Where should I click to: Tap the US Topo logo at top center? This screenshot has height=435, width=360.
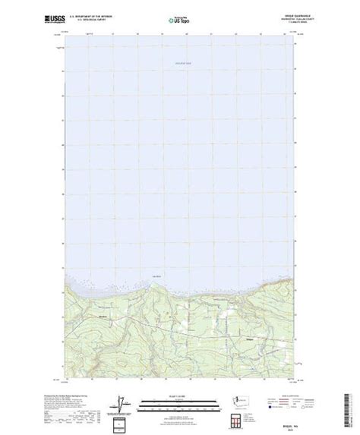click(x=180, y=16)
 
